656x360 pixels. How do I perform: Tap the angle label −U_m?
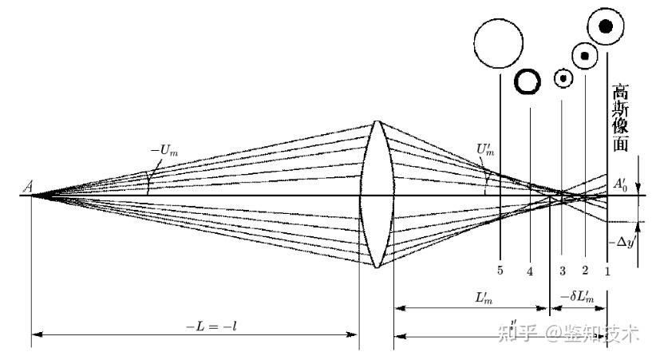[164, 149]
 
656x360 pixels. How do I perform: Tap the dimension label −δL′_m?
[579, 298]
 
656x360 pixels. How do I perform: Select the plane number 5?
[500, 271]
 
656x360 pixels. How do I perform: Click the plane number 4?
[530, 271]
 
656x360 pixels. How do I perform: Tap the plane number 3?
[562, 271]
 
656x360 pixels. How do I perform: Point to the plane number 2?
[585, 271]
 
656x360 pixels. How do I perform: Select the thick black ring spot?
[528, 81]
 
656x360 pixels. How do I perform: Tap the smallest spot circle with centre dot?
[563, 78]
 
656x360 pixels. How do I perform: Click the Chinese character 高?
[621, 91]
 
